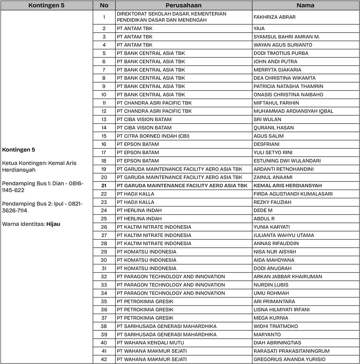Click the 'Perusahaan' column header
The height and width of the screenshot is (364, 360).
click(x=184, y=5)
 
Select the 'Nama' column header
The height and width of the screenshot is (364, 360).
click(x=305, y=5)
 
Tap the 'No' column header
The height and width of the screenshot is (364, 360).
click(x=104, y=5)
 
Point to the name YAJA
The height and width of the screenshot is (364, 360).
click(x=259, y=28)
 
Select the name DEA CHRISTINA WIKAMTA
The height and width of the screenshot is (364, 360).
click(x=284, y=78)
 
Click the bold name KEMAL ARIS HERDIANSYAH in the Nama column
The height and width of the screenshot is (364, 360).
click(x=288, y=185)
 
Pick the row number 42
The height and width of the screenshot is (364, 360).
click(x=104, y=359)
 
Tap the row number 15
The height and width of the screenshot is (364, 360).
click(x=104, y=136)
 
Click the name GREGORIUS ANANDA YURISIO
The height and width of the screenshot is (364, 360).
click(x=289, y=359)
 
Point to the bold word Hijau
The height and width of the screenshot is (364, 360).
click(x=53, y=224)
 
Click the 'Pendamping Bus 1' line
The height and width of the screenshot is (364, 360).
click(x=43, y=187)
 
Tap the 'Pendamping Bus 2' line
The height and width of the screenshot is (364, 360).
click(x=43, y=207)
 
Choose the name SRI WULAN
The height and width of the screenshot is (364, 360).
click(x=267, y=119)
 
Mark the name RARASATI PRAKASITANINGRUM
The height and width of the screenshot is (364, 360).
click(x=291, y=351)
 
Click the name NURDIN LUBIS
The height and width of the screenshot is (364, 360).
click(x=271, y=285)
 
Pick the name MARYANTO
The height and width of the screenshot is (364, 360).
click(x=267, y=334)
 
